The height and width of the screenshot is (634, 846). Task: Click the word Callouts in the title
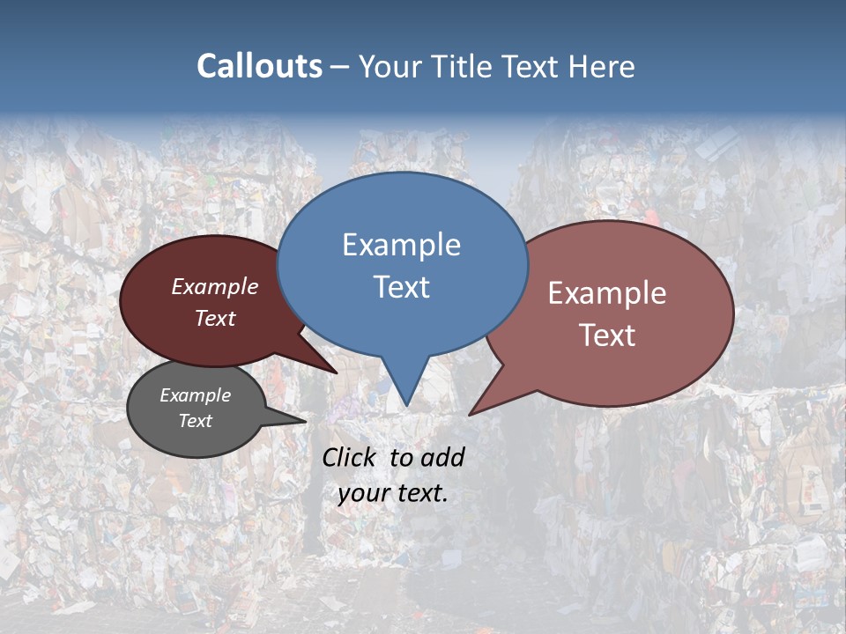pyautogui.click(x=259, y=66)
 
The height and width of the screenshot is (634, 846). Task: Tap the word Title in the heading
pyautogui.click(x=465, y=67)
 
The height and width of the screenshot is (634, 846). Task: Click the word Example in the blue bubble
pyautogui.click(x=401, y=245)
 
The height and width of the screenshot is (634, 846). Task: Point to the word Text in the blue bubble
pyautogui.click(x=401, y=287)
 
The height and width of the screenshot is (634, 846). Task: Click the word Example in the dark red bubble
pyautogui.click(x=215, y=286)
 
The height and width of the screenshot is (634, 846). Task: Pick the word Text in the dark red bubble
pyautogui.click(x=215, y=318)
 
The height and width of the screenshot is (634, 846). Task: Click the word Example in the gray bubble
pyautogui.click(x=195, y=395)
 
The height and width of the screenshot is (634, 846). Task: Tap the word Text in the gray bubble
pyautogui.click(x=195, y=421)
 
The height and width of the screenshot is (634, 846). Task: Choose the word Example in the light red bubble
pyautogui.click(x=607, y=293)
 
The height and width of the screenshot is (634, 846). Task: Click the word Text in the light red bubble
pyautogui.click(x=607, y=335)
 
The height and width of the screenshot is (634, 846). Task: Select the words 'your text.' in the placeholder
pyautogui.click(x=393, y=493)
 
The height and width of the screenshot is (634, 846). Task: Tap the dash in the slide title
pyautogui.click(x=340, y=67)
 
